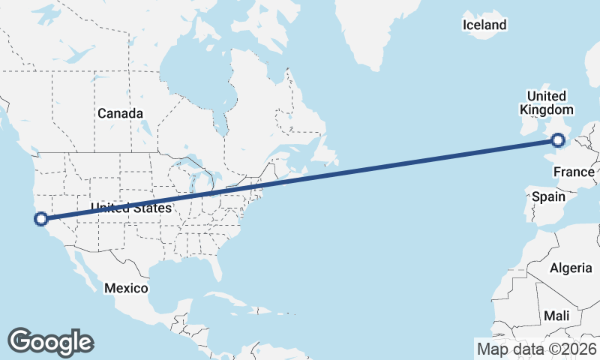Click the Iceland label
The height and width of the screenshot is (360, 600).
[484, 25]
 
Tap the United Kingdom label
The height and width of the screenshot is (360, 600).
[547, 103]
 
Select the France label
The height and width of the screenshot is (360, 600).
[574, 172]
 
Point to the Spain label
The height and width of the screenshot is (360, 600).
[547, 196]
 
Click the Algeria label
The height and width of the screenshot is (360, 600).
[570, 268]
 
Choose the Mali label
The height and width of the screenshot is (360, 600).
[557, 315]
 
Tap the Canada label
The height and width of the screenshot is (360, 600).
[120, 113]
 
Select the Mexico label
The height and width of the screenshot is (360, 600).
[127, 288]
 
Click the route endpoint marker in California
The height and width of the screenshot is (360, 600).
[41, 219]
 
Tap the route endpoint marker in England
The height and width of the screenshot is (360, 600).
[558, 139]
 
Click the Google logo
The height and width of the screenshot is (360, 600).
[51, 341]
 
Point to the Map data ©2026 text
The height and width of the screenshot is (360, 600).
[536, 348]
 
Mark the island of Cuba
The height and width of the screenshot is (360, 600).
[225, 301]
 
